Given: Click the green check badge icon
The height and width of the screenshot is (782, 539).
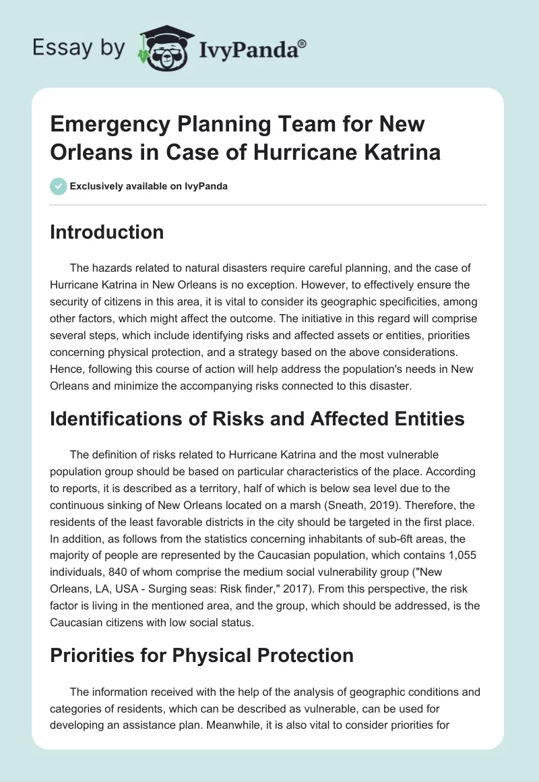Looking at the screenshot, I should [58, 186].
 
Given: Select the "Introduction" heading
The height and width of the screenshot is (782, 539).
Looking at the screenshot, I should [107, 232].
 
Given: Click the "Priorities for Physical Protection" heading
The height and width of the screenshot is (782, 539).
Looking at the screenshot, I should [202, 655].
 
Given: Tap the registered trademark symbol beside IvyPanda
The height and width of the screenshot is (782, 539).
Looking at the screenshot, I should [303, 44].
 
